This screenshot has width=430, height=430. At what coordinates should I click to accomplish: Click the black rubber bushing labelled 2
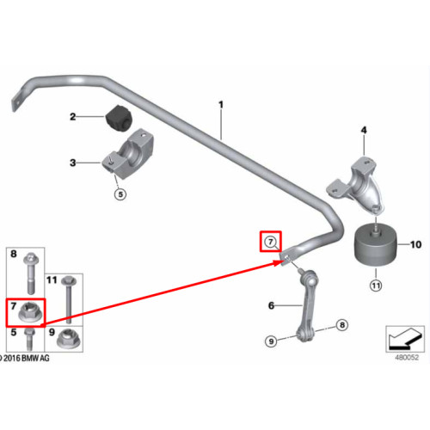point(118,119)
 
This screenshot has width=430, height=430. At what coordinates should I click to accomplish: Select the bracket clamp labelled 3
point(128,154)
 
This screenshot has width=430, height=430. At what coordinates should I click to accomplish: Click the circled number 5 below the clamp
point(120,194)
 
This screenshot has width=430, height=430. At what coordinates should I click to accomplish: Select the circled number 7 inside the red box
point(270,242)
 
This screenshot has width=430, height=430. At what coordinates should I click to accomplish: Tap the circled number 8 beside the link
point(341,325)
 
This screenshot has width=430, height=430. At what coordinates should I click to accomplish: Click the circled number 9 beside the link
point(271,341)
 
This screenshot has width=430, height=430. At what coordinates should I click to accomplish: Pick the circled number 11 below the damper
point(376,286)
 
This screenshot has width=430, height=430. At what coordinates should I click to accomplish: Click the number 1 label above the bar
point(221,105)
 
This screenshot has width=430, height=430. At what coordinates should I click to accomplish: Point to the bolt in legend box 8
point(31,273)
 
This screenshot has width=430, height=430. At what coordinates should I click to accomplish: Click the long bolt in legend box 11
point(69,299)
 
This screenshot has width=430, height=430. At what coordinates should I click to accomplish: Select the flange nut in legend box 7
point(31,312)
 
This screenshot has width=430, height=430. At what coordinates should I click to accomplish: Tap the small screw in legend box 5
point(29,339)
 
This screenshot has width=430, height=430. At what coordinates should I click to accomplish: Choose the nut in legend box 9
point(69,338)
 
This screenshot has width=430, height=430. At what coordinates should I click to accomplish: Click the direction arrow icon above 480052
point(405,339)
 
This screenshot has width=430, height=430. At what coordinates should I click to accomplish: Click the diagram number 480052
point(407,358)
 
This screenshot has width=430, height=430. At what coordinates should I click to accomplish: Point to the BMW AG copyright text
point(24,358)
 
